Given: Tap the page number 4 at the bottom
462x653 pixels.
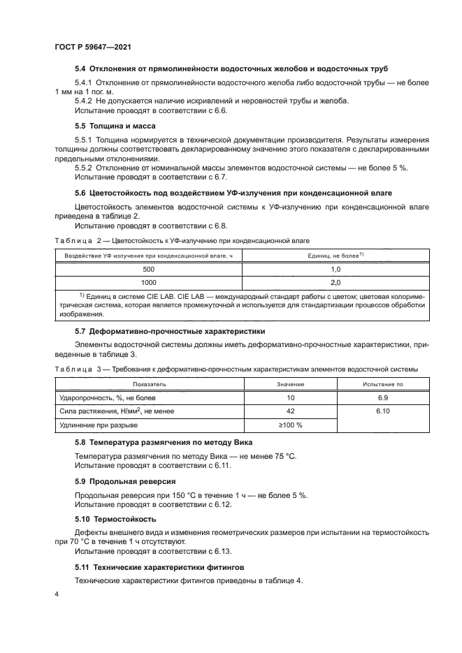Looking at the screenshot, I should click(56, 594).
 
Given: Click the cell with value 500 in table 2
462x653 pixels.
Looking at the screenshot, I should click(148, 269).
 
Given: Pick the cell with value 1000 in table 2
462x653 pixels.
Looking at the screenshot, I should click(148, 282).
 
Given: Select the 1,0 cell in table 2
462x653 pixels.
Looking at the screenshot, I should click(334, 269).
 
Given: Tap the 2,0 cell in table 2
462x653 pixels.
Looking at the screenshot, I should click(334, 282).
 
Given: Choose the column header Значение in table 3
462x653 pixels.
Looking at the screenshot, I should click(290, 384).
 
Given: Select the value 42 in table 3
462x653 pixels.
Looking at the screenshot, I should click(291, 411).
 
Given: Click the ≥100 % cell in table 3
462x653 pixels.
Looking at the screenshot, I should click(291, 425).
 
